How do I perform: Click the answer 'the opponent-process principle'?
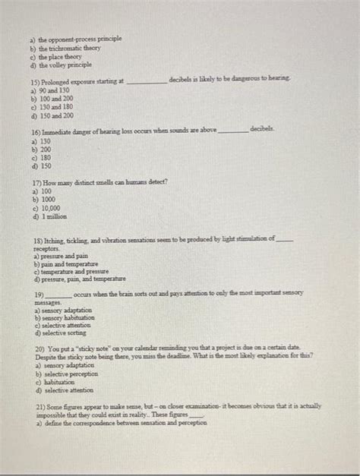[75, 39]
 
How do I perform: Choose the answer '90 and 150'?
[54, 90]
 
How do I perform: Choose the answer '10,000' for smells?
[49, 208]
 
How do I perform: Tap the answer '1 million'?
[53, 216]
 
